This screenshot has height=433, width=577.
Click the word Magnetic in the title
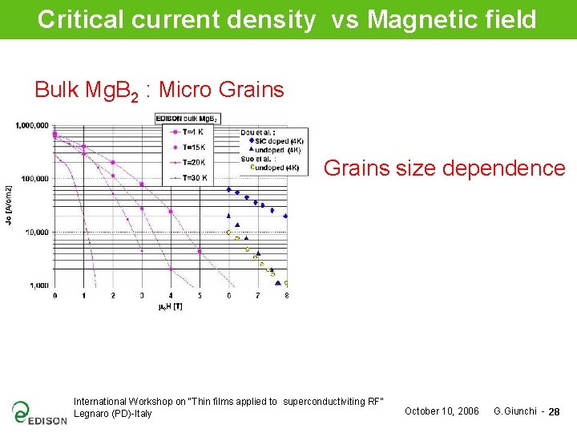[x=415, y=19]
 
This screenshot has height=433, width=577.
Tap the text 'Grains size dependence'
[x=444, y=168]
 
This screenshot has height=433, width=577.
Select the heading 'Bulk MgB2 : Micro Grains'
[x=159, y=90]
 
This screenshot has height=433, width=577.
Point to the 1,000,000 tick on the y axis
[x=31, y=125]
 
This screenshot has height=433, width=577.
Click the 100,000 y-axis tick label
[x=34, y=178]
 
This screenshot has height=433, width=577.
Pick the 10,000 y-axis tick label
[x=36, y=232]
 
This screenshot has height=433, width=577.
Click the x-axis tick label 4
[x=170, y=296]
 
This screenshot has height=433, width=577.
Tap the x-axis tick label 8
[x=286, y=296]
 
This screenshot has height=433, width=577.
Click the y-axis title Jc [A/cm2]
[x=9, y=204]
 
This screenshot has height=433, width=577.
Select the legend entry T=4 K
[x=193, y=131]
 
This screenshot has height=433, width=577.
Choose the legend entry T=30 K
[x=195, y=177]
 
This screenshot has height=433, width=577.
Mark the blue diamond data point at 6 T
[x=228, y=190]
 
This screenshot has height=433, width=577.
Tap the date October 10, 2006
[x=442, y=411]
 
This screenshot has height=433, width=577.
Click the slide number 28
[x=555, y=412]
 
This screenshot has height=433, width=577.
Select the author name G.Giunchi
[x=514, y=411]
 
